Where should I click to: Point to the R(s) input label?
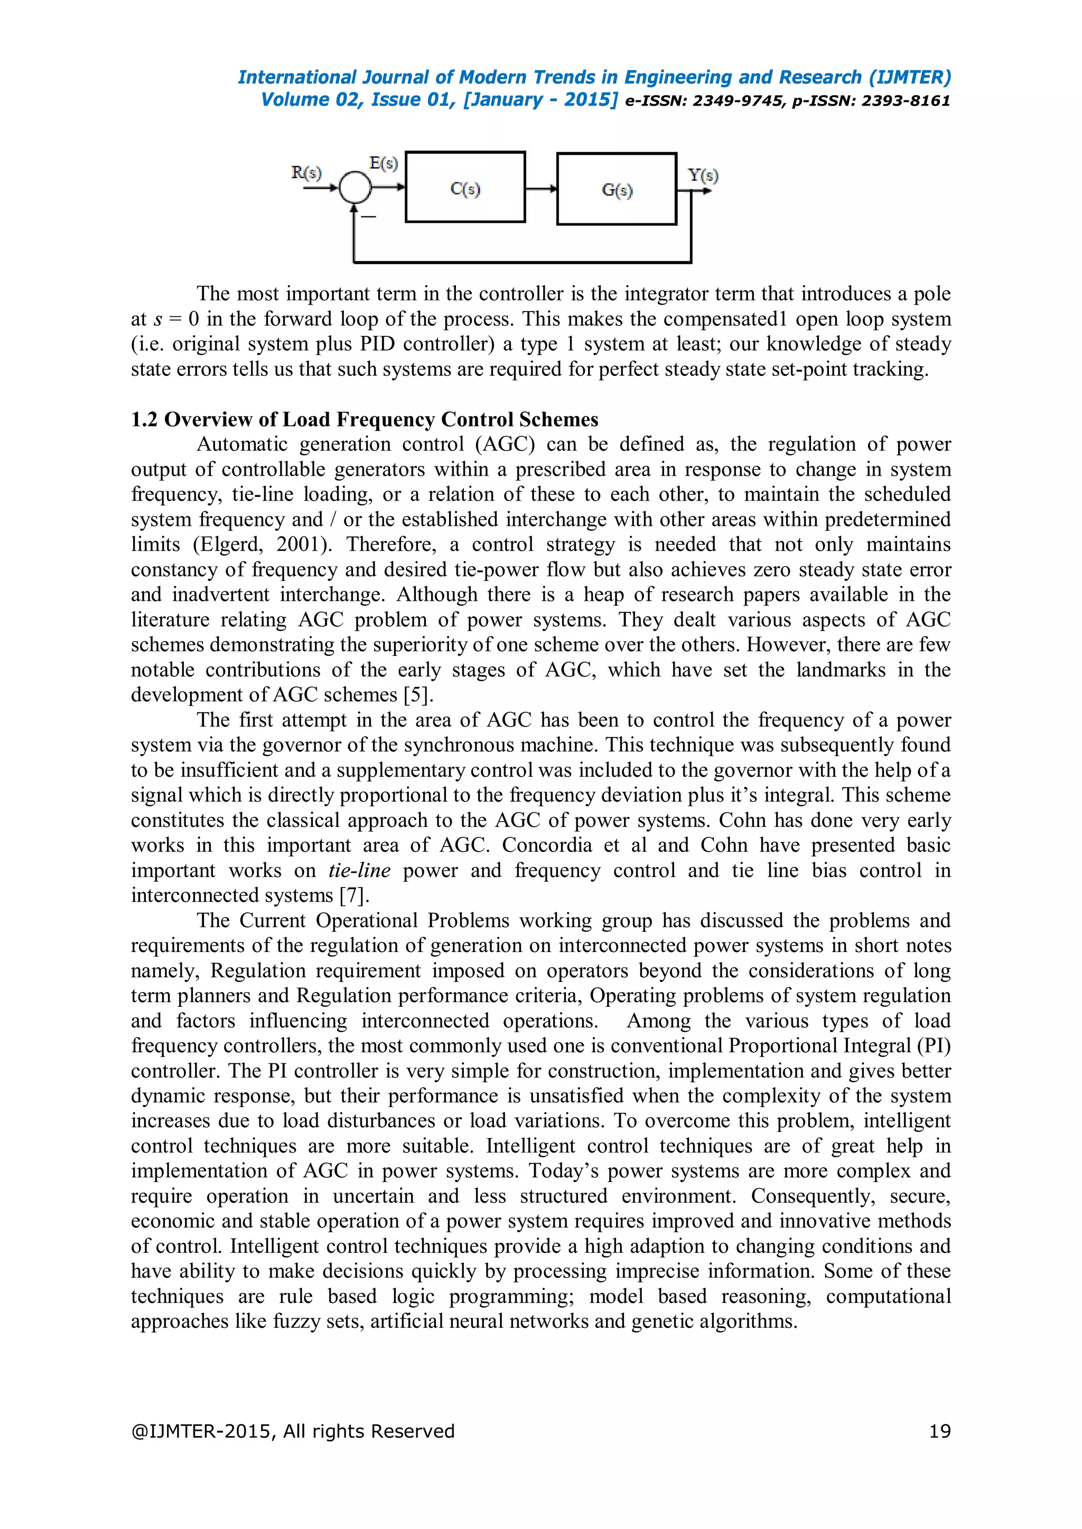click(x=306, y=173)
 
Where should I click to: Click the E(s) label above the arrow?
click(x=384, y=163)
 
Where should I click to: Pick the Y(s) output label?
click(x=703, y=175)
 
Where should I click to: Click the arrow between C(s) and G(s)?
click(x=541, y=188)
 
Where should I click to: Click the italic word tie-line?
click(x=359, y=871)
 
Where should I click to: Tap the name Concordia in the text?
click(x=546, y=845)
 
